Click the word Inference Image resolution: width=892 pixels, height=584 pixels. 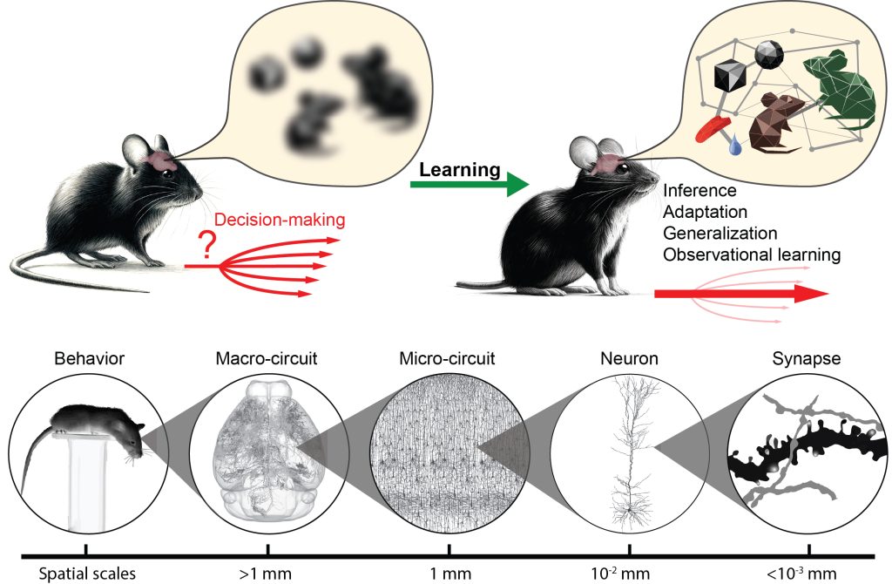699,190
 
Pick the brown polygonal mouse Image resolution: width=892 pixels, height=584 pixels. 773,122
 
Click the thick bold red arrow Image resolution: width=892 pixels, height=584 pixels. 741,294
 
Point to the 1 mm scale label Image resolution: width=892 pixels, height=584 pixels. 449,574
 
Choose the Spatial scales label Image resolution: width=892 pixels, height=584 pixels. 85,574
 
